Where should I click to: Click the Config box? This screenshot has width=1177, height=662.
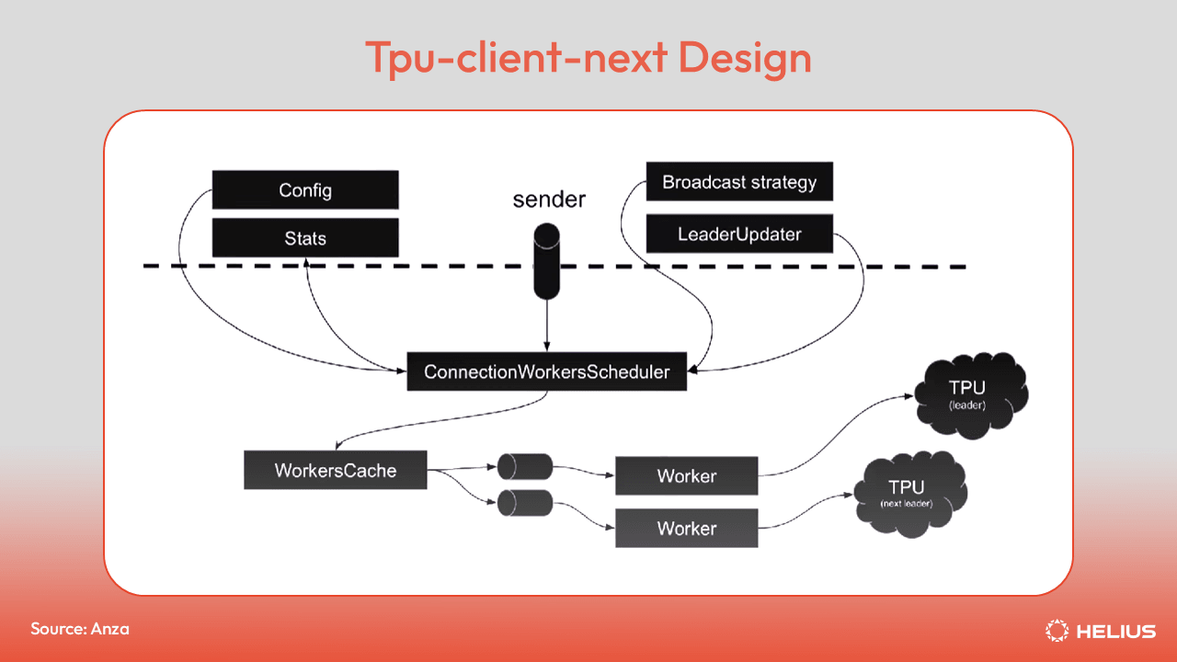click(x=305, y=190)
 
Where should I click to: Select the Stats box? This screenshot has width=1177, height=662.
click(x=305, y=238)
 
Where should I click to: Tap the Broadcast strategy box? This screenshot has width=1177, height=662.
click(x=739, y=181)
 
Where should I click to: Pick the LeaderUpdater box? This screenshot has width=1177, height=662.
click(x=739, y=234)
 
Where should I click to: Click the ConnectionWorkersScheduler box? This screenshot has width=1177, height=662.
click(x=546, y=372)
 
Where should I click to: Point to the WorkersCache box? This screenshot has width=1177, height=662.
click(x=336, y=470)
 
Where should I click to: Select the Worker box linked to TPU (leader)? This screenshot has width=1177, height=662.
click(x=686, y=475)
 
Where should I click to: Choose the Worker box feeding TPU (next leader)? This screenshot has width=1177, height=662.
click(x=686, y=529)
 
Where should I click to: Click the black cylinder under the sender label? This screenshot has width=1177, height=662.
click(x=547, y=265)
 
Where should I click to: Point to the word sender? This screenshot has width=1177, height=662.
click(x=549, y=200)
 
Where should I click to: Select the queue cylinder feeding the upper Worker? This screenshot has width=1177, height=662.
click(x=524, y=467)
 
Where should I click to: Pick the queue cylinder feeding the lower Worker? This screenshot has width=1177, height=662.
click(x=524, y=503)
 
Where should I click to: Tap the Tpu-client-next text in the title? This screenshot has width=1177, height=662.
click(x=517, y=57)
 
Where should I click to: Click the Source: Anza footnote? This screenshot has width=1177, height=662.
click(x=80, y=629)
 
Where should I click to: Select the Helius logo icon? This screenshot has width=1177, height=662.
click(x=1057, y=631)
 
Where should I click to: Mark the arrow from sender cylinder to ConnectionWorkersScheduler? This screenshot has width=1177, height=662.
click(x=547, y=326)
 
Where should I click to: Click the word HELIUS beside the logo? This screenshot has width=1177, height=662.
click(x=1115, y=631)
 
